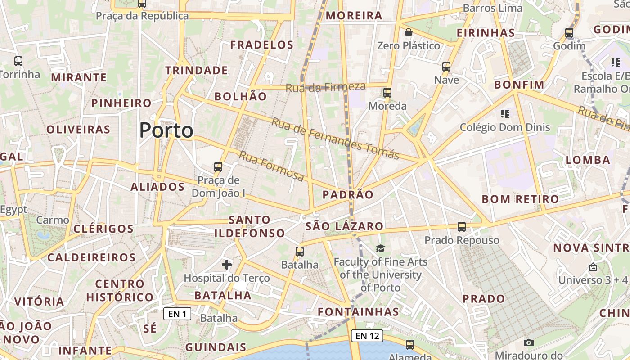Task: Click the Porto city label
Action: (166, 130)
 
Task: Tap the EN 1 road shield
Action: (177, 314)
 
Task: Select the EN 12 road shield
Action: (369, 336)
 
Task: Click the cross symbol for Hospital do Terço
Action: (227, 264)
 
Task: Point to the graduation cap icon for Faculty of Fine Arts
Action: (381, 248)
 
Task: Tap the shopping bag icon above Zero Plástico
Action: (409, 32)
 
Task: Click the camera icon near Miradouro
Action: (529, 343)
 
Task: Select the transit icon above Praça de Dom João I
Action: (218, 167)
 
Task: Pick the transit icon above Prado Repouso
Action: (462, 227)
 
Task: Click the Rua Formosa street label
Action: (271, 166)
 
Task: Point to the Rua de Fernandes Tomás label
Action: (335, 139)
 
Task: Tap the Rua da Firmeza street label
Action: (326, 87)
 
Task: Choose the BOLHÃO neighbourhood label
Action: (240, 96)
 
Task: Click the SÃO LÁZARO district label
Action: (344, 226)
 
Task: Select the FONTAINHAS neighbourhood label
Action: (358, 312)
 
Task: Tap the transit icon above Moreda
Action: (387, 93)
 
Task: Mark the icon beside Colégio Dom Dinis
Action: (504, 114)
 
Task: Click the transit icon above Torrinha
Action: (18, 61)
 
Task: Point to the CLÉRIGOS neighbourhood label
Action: (103, 229)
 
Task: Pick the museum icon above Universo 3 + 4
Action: (593, 267)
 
